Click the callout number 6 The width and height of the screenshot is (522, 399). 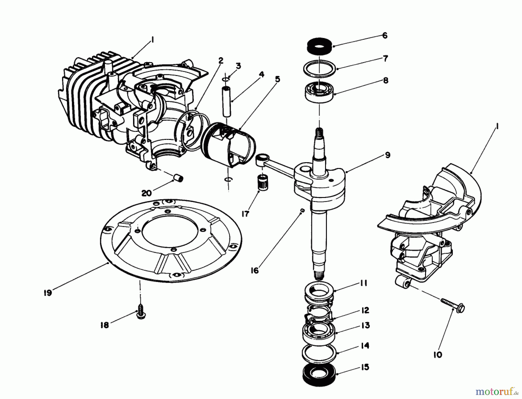click(x=385, y=36)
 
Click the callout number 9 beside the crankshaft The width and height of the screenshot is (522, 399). click(x=388, y=155)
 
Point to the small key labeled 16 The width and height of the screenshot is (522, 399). click(x=302, y=210)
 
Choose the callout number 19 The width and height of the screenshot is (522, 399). click(x=48, y=293)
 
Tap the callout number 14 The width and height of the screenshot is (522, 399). click(x=365, y=346)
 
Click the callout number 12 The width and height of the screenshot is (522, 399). click(x=365, y=310)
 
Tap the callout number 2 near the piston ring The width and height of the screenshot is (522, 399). click(x=221, y=61)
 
